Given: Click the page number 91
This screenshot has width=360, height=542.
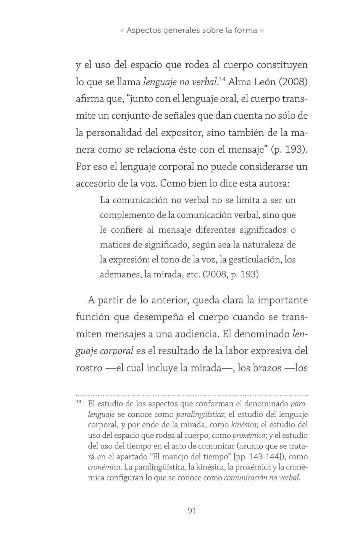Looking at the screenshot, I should coord(192,511).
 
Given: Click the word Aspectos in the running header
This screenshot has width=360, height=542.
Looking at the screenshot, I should coord(142,30).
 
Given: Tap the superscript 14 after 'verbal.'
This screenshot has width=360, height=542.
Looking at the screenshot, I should coord(222,79).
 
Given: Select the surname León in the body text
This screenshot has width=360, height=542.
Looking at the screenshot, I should coord(265,82).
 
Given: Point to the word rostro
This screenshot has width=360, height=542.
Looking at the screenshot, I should coord(89,368).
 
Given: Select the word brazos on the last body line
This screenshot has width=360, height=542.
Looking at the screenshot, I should coord(267,368).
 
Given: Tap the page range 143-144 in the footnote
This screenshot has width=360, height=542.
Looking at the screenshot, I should coord(266,456).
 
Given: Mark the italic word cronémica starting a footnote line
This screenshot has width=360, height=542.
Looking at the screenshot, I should coord(104,467).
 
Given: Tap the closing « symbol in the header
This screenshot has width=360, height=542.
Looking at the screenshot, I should coord(262,30).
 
